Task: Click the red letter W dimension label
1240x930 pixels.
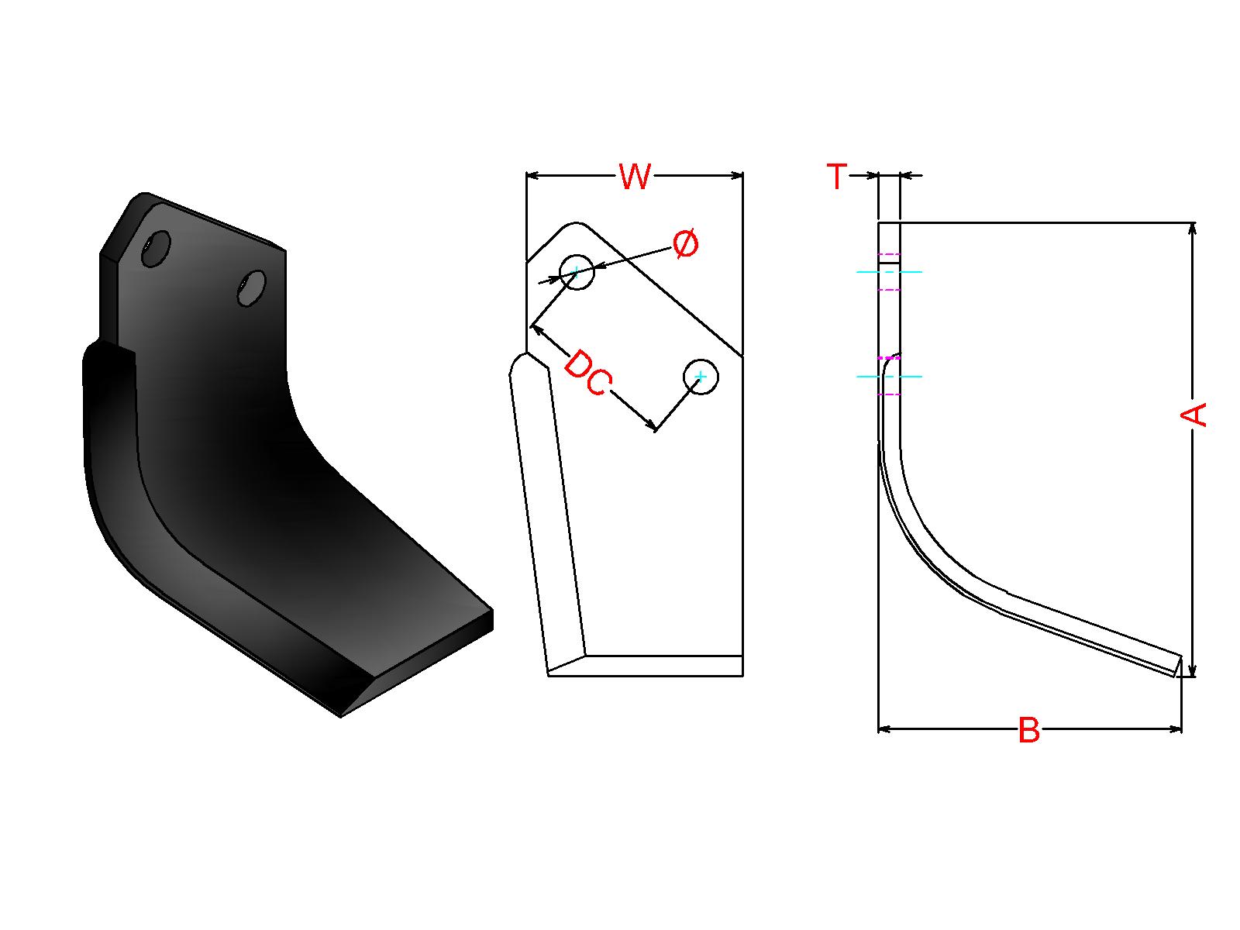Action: point(635,176)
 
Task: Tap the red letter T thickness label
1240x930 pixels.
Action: point(837,176)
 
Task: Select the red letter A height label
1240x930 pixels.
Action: point(1193,415)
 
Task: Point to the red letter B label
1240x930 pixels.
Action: point(1028,730)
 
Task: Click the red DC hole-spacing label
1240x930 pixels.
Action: point(587,373)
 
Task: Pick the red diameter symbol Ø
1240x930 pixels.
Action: point(685,244)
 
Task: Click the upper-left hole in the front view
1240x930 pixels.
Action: point(577,271)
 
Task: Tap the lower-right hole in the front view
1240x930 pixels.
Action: point(701,377)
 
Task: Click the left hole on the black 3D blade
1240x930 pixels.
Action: point(156,248)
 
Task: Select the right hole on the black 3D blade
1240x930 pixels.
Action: point(251,288)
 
